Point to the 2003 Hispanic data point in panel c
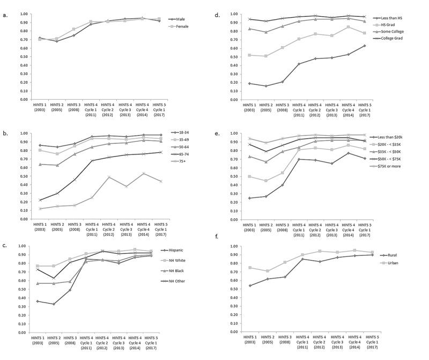click(37, 301)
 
